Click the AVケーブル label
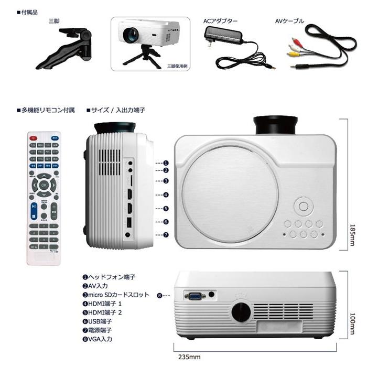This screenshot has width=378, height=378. (x=289, y=21)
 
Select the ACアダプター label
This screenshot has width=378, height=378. (x=220, y=21)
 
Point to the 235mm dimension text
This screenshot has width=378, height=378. (x=187, y=357)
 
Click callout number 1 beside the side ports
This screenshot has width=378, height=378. (x=166, y=163)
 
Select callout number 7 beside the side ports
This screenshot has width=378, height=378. (x=166, y=235)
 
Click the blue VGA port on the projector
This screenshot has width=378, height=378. (x=195, y=296)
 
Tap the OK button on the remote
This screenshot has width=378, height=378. (x=44, y=185)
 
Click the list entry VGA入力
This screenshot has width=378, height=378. (x=97, y=339)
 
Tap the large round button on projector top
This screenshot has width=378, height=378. (x=303, y=206)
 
